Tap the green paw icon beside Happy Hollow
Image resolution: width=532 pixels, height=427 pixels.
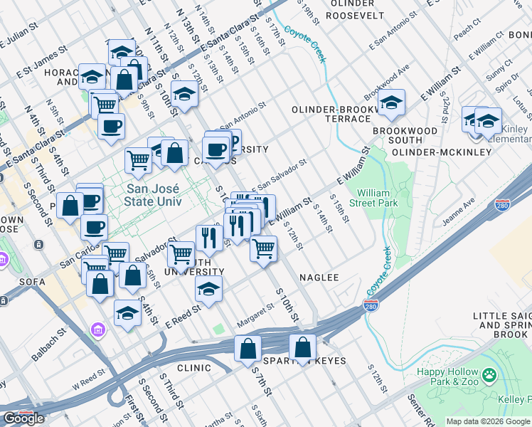point(489,374)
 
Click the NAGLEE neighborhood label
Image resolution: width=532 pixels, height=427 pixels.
point(319,277)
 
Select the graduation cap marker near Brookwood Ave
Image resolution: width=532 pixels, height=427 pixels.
point(391,104)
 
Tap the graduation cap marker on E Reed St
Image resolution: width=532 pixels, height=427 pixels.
point(208,289)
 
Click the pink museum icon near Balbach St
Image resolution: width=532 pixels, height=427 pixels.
point(97,330)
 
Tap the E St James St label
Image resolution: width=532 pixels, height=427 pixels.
point(42,58)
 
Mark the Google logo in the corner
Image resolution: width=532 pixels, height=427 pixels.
point(23,418)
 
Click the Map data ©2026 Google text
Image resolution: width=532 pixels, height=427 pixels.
point(487,421)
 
